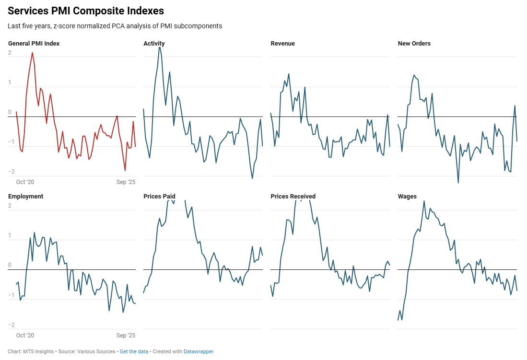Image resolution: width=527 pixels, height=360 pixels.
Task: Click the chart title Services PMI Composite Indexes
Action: pyautogui.click(x=86, y=11)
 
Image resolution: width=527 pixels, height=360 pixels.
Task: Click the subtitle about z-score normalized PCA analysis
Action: pyautogui.click(x=115, y=26)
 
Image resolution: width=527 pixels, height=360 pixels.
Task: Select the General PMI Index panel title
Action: pyautogui.click(x=34, y=44)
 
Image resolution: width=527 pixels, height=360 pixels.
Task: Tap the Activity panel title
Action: pyautogui.click(x=154, y=44)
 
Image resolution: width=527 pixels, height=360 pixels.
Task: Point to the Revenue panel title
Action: pyautogui.click(x=282, y=44)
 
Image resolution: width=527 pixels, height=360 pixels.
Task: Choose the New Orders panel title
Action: pyautogui.click(x=414, y=44)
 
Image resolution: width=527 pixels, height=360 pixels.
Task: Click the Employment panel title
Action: pyautogui.click(x=25, y=197)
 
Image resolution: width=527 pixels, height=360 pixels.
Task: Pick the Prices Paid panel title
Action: pyautogui.click(x=159, y=197)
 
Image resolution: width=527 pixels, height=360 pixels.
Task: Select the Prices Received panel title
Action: pyautogui.click(x=293, y=197)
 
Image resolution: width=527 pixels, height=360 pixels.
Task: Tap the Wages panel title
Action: pyautogui.click(x=407, y=197)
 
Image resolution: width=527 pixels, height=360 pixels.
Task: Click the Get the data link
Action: pyautogui.click(x=134, y=352)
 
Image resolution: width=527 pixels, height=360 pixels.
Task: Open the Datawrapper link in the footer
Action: pyautogui.click(x=198, y=352)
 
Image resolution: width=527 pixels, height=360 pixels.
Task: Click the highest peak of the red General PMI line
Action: pyautogui.click(x=32, y=52)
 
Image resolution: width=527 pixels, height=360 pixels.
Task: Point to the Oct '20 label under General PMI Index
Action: pyautogui.click(x=25, y=182)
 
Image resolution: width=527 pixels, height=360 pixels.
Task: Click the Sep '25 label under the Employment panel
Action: pyautogui.click(x=126, y=336)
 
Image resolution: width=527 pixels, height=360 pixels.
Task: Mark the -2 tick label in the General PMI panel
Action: pyautogui.click(x=10, y=172)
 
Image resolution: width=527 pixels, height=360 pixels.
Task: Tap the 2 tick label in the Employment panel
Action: pyautogui.click(x=10, y=206)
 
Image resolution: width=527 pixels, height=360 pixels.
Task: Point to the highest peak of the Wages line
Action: pyautogui.click(x=424, y=201)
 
